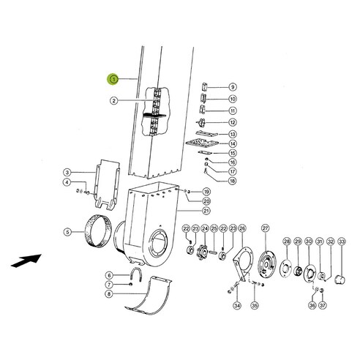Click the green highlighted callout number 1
pos(112,78)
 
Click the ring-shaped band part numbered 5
pos(93,233)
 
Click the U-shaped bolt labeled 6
pos(135,277)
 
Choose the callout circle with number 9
pos(232,87)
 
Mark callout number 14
pos(232,145)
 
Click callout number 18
pos(232,179)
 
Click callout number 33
pos(341,241)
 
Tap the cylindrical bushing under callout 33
pos(339,279)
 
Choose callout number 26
pos(242,229)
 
